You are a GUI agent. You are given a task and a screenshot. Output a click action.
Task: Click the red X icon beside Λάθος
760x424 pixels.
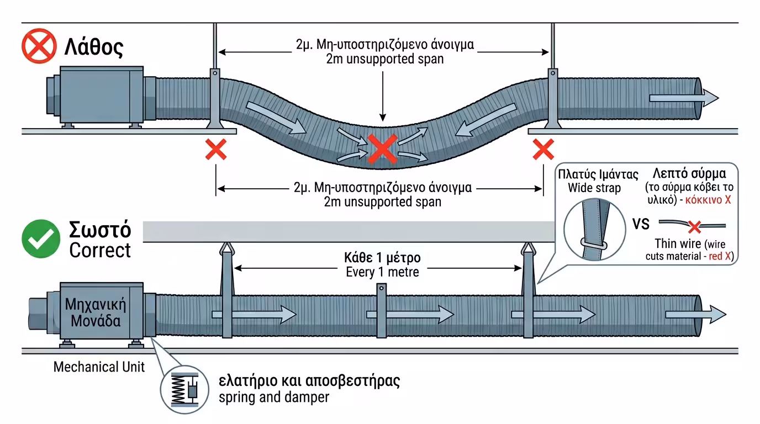point(39,47)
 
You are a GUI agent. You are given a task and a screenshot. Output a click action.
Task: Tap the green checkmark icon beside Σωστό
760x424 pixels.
point(40,240)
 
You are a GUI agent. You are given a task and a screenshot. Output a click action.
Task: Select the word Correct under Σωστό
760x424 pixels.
point(100,250)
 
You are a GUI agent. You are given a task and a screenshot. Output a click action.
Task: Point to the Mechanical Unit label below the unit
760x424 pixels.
point(99,367)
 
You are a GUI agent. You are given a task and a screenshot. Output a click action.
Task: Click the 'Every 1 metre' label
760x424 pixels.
point(382,272)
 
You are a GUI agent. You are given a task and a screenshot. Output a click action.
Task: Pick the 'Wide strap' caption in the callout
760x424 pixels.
point(594,188)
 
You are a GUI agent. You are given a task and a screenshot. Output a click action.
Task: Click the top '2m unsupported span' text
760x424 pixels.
point(385,59)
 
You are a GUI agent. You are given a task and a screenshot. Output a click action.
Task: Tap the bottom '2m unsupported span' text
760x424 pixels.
point(383,202)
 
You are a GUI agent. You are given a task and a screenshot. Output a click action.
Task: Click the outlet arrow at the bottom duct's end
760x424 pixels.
point(695,315)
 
